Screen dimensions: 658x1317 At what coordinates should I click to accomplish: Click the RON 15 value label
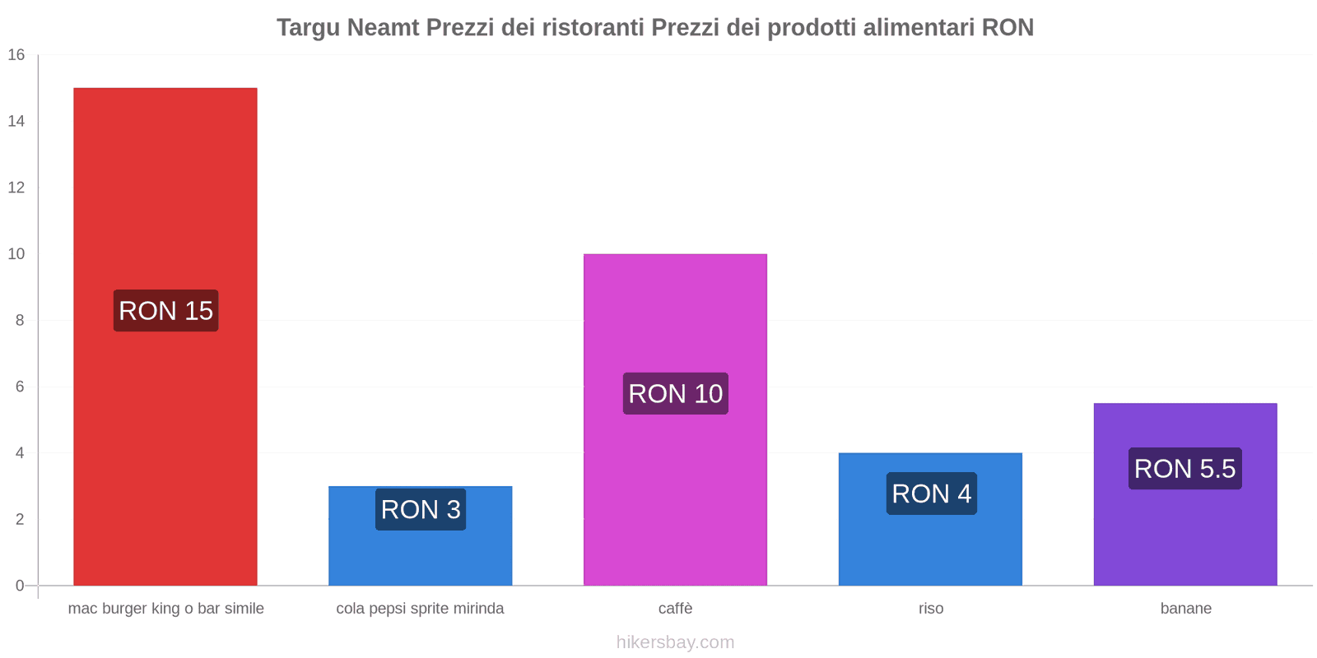pos(165,311)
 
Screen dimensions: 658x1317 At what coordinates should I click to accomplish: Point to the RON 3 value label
pos(421,509)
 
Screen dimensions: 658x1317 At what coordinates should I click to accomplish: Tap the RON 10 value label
pos(675,393)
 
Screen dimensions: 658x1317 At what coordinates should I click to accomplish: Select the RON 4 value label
pos(931,493)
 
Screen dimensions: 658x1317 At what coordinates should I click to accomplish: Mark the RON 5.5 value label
pos(1184,468)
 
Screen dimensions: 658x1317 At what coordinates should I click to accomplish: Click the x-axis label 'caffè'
pos(675,609)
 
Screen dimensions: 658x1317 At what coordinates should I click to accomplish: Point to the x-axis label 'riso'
pos(931,609)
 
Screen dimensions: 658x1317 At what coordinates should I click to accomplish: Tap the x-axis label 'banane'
pos(1185,609)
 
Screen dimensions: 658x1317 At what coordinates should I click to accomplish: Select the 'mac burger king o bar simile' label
pos(165,609)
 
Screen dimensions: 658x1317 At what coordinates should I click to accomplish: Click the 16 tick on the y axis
pos(16,55)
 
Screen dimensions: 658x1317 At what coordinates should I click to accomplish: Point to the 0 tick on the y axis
pos(20,586)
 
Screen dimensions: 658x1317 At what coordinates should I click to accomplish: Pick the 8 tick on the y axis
pos(20,320)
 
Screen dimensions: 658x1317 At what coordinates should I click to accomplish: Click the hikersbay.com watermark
pos(675,642)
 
